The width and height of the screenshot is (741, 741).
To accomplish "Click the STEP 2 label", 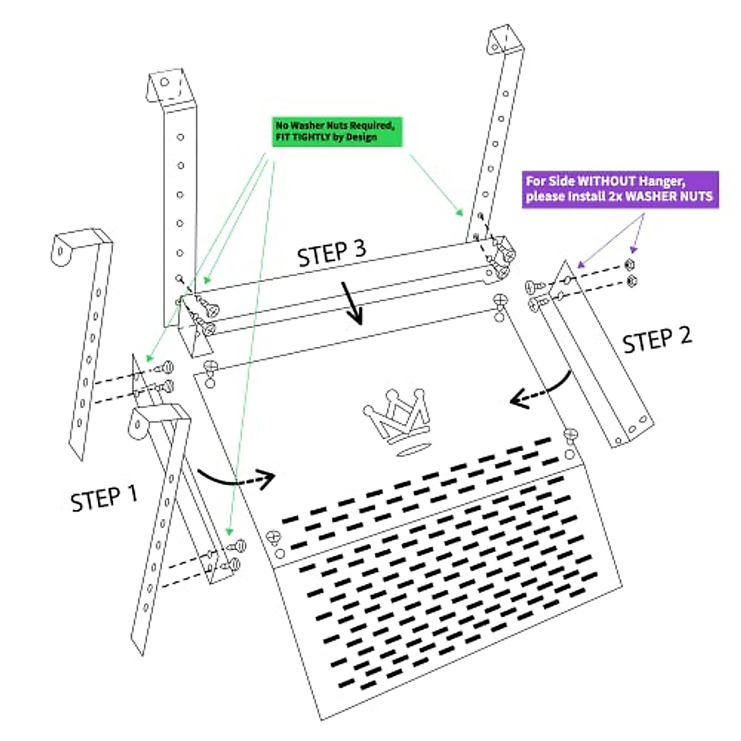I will pyautogui.click(x=656, y=340).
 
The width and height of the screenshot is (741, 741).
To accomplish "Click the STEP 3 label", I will pyautogui.click(x=332, y=253).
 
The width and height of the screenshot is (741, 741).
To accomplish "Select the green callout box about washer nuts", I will pyautogui.click(x=337, y=132).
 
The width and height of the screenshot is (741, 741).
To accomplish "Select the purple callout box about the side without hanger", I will pyautogui.click(x=619, y=189).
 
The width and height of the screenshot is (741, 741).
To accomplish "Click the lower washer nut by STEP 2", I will pyautogui.click(x=631, y=281).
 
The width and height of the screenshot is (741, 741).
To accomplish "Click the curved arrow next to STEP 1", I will pyautogui.click(x=237, y=479).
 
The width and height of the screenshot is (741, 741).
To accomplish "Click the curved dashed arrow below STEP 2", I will pyautogui.click(x=542, y=390).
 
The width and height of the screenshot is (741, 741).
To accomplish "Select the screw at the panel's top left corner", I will pyautogui.click(x=211, y=367).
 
